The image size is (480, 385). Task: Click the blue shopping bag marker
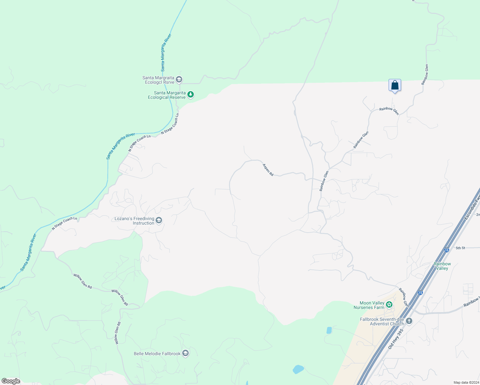coord(395,85)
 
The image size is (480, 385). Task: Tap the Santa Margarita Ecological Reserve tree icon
coord(191,95)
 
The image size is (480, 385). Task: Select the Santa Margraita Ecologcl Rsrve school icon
coord(179,79)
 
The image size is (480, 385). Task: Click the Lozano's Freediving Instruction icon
coord(159,220)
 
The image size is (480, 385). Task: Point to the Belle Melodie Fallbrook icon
coord(185,353)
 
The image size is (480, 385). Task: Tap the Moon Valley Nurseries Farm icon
coord(389,304)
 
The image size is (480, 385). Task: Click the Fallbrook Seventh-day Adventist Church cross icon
coord(409,321)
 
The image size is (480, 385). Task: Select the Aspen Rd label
coord(268,170)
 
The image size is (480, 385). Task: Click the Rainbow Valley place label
coord(442,266)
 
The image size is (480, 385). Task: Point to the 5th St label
coord(460,248)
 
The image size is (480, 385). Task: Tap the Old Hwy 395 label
coord(395,339)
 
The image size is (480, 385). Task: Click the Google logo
coord(11,381)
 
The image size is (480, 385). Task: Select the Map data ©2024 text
coord(466,382)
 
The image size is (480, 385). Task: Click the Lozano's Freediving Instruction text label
coord(134,221)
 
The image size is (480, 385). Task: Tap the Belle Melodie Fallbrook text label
coord(157,354)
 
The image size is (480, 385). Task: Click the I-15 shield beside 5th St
coord(446,250)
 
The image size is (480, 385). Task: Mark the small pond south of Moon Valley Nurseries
coord(329,330)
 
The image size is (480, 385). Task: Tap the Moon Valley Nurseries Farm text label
coord(369,305)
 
